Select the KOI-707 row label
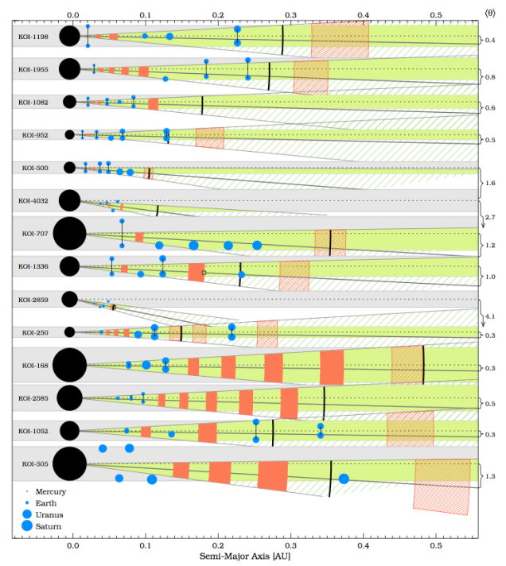(35, 234)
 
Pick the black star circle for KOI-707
(69, 234)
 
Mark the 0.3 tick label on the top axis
(290, 14)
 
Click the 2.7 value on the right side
(491, 216)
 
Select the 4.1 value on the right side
(491, 316)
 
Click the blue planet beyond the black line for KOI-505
(344, 479)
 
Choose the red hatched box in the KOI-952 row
(209, 137)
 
